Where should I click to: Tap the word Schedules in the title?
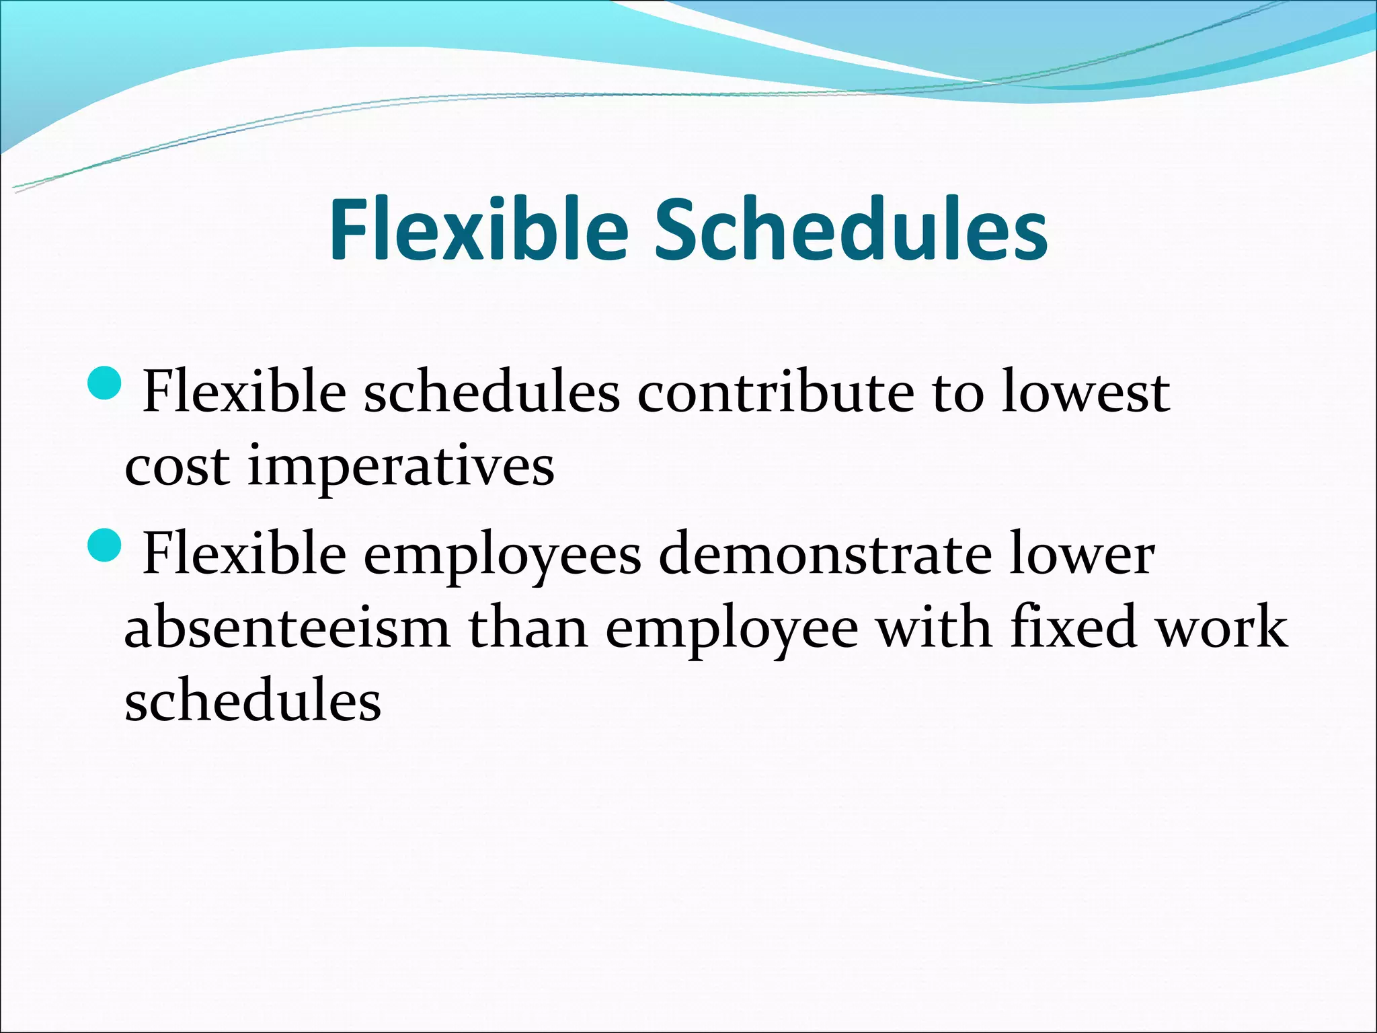tap(851, 230)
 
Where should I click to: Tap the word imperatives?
tap(401, 467)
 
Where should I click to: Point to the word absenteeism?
tap(287, 627)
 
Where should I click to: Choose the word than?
tap(528, 627)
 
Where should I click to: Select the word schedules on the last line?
tap(253, 701)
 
